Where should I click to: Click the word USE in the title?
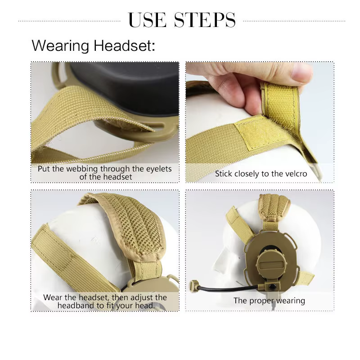click(147, 20)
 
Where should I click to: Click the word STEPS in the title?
click(205, 20)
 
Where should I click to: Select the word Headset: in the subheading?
click(125, 45)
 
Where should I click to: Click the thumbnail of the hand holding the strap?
click(260, 122)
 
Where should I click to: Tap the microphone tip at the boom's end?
click(193, 285)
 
